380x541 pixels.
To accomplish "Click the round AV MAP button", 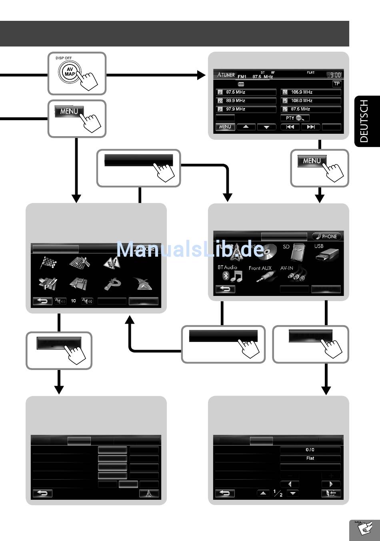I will [x=70, y=72].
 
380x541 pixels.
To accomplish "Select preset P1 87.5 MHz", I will [x=246, y=92].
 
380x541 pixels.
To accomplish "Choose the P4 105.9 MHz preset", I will [x=311, y=92].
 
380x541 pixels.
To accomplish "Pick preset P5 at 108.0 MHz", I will [x=311, y=101].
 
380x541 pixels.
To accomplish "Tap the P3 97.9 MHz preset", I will [x=246, y=109].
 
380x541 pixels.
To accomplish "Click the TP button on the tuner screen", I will [x=337, y=84].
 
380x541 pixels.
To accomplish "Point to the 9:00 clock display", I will [x=334, y=75].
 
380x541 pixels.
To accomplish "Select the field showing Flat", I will [x=310, y=458].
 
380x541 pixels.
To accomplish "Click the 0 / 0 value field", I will [x=310, y=450].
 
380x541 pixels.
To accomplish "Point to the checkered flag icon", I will [x=48, y=263].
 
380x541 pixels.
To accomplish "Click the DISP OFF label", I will [x=64, y=58].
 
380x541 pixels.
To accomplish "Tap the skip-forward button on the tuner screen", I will [x=310, y=127].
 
